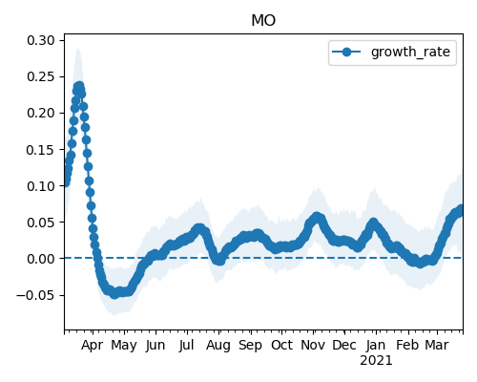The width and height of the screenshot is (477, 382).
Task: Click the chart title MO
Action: point(263,20)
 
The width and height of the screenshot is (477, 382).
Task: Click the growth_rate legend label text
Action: point(410,52)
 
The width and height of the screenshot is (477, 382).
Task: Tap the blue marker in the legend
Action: point(346,52)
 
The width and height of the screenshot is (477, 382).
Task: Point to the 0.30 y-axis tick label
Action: point(41,40)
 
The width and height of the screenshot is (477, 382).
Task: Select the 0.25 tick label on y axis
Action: point(41,76)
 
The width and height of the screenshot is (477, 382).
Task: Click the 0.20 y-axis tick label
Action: point(41,113)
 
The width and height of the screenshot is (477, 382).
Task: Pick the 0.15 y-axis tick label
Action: point(41,150)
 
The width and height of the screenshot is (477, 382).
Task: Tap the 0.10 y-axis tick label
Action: point(41,186)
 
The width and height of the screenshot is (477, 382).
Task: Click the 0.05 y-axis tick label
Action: point(41,223)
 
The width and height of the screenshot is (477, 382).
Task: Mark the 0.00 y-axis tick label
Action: point(41,259)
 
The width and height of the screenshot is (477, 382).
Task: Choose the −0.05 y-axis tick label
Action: point(36,295)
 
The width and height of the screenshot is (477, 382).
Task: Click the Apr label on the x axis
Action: point(93,346)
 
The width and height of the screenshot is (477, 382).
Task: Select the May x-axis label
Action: point(124,346)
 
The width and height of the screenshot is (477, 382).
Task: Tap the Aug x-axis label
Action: point(218,346)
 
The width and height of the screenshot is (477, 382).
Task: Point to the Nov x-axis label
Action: point(313,345)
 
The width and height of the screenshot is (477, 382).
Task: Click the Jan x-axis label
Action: point(376,345)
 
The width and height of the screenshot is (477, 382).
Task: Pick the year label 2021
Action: point(376,361)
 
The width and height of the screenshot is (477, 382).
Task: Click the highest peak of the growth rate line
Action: point(79,86)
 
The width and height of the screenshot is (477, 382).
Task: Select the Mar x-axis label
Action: point(437,345)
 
